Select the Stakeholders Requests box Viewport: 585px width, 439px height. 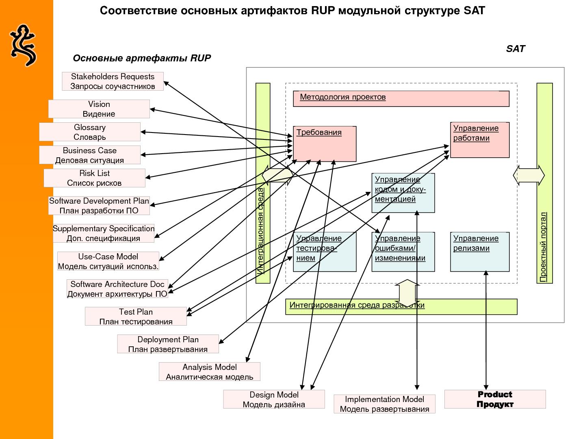coord(113,81)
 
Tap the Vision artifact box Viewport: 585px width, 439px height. coord(99,109)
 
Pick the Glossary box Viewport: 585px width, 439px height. coord(90,132)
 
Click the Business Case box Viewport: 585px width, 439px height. coord(90,155)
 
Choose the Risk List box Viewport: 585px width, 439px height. coord(94,178)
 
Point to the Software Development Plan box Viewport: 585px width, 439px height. coord(99,206)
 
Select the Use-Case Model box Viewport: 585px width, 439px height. coord(108,261)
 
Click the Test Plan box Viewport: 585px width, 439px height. coord(136,317)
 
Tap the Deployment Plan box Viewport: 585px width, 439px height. coord(168,344)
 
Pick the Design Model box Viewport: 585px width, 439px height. coord(274,400)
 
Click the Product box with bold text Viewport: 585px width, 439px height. coord(495,399)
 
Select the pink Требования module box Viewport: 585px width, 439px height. coord(325,144)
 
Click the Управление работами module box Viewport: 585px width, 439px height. coord(480,140)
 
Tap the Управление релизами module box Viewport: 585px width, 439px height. coord(480,252)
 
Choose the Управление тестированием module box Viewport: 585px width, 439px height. coord(325,252)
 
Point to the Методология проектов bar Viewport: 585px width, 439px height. coord(401,99)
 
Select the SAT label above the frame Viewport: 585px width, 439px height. coord(516,49)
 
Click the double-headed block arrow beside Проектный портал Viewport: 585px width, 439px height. coord(529,175)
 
